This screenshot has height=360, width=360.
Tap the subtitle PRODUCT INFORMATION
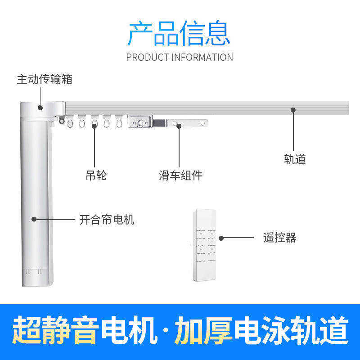180,57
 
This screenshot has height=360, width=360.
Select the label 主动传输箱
45,80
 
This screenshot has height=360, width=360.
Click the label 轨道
295,159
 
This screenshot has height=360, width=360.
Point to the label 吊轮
96,175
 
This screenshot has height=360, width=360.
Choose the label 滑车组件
180,175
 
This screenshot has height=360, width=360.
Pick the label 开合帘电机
107,220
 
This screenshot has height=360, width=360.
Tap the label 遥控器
279,238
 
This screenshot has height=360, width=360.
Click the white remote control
205,245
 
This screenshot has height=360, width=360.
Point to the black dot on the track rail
293,109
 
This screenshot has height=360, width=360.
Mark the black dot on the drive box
40,108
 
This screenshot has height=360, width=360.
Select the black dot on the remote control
221,238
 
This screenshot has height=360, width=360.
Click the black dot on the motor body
34,220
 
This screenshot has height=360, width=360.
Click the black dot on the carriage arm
179,126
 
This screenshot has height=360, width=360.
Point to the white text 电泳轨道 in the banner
291,330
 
